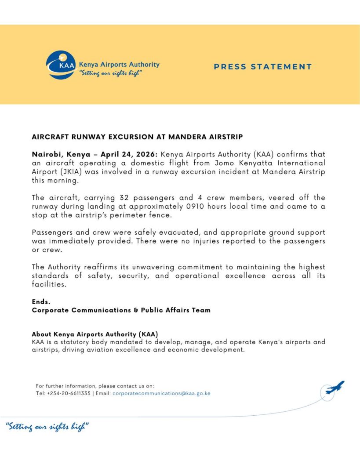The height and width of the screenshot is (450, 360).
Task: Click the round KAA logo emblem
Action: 61,65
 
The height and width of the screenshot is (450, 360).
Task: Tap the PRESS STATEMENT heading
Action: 262,67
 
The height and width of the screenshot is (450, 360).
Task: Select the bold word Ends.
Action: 41,302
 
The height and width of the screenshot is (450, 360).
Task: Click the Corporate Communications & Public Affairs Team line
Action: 121,310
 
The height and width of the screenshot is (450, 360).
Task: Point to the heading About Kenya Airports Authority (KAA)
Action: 95,334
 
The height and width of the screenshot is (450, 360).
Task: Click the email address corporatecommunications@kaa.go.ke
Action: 161,393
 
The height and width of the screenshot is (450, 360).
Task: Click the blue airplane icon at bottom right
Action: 335,387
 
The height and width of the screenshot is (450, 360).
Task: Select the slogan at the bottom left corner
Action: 48,426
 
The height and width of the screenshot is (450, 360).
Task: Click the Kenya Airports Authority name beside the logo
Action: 119,65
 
